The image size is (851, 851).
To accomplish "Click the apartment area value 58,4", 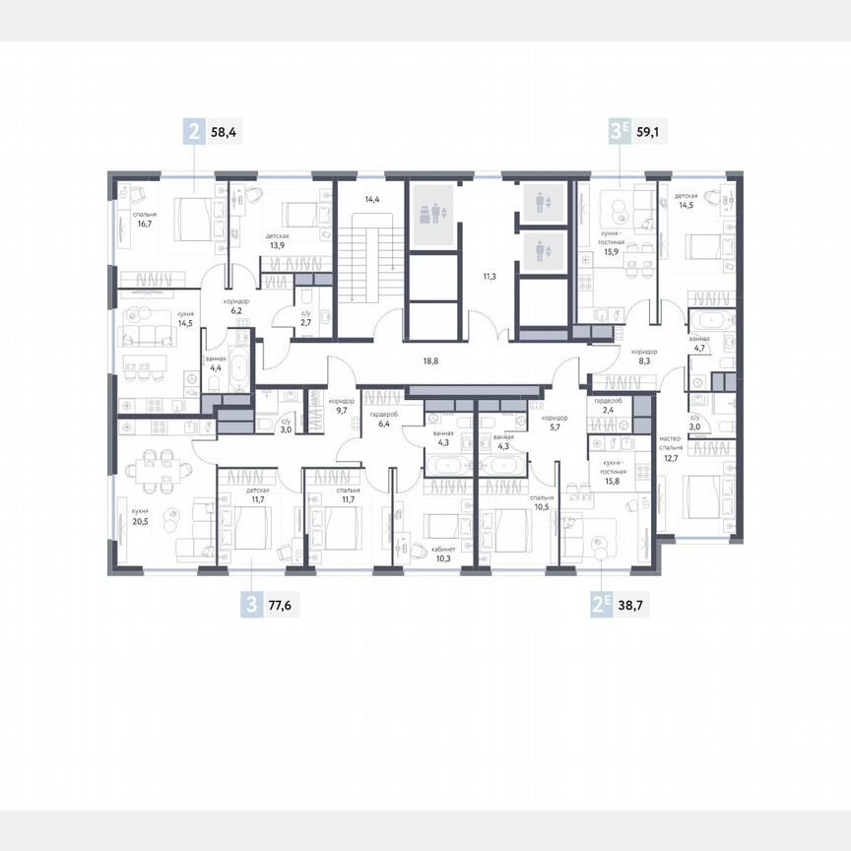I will pos(226,128).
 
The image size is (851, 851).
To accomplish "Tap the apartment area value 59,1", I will pos(652,128).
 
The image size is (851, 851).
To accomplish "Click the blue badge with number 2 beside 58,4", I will pos(194,128).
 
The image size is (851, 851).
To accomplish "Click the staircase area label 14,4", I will pos(372,200).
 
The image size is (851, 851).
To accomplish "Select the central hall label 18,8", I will pos(429,361).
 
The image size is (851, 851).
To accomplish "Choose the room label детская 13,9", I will pos(277,241).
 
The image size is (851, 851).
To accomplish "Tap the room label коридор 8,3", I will pos(645,357).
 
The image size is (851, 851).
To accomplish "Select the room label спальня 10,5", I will pos(541,503).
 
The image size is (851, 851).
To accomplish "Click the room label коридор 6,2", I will pos(235,305).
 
